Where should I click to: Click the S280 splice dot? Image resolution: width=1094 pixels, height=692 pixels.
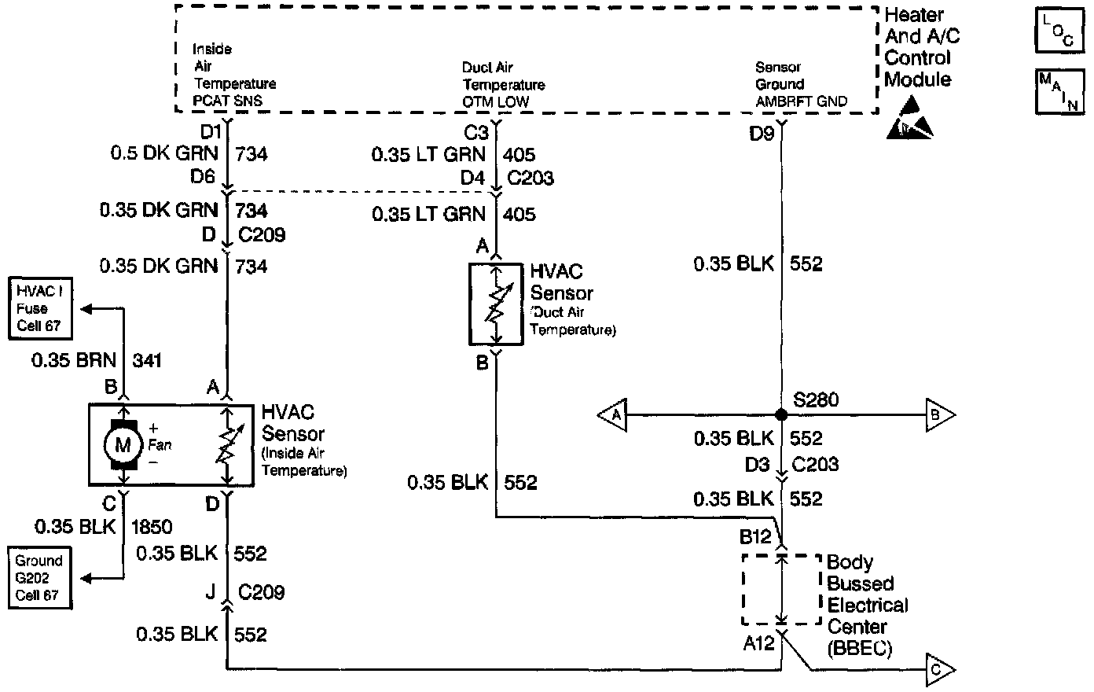[x=780, y=414]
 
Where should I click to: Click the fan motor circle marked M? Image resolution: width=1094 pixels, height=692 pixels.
[x=123, y=444]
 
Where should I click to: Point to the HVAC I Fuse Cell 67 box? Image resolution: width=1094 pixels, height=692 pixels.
[x=37, y=308]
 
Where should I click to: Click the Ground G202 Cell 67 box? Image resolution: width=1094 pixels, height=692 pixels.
[x=38, y=578]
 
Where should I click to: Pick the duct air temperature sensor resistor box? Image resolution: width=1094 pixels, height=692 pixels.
[x=496, y=304]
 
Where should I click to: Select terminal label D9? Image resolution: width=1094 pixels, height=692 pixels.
[x=762, y=133]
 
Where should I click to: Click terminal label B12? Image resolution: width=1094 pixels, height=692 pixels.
[x=757, y=537]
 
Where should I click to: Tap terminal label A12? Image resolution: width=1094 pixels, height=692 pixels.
[x=759, y=644]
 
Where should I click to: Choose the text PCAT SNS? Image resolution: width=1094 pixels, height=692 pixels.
[x=228, y=101]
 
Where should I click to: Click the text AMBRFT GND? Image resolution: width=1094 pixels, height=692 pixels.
[x=801, y=101]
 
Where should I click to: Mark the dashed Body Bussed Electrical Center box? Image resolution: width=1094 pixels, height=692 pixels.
[x=781, y=588]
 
